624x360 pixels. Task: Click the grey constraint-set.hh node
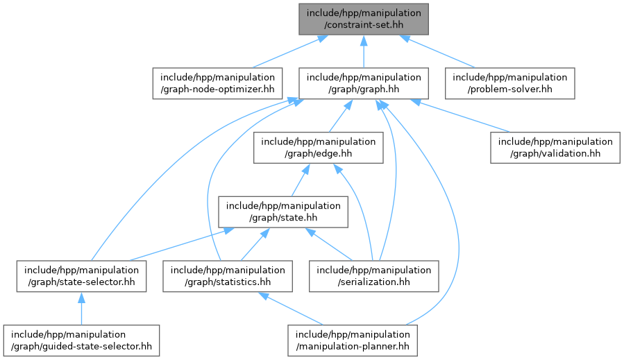point(363,19)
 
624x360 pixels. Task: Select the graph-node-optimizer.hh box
point(217,83)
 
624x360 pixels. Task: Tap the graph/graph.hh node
point(363,83)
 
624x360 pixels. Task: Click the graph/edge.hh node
point(318,148)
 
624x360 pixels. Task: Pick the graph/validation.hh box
point(555,148)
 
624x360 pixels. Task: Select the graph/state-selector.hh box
point(81,276)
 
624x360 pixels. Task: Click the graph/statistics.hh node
point(228,276)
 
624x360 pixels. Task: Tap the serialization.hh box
point(375,276)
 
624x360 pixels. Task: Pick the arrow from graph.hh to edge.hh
point(340,116)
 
